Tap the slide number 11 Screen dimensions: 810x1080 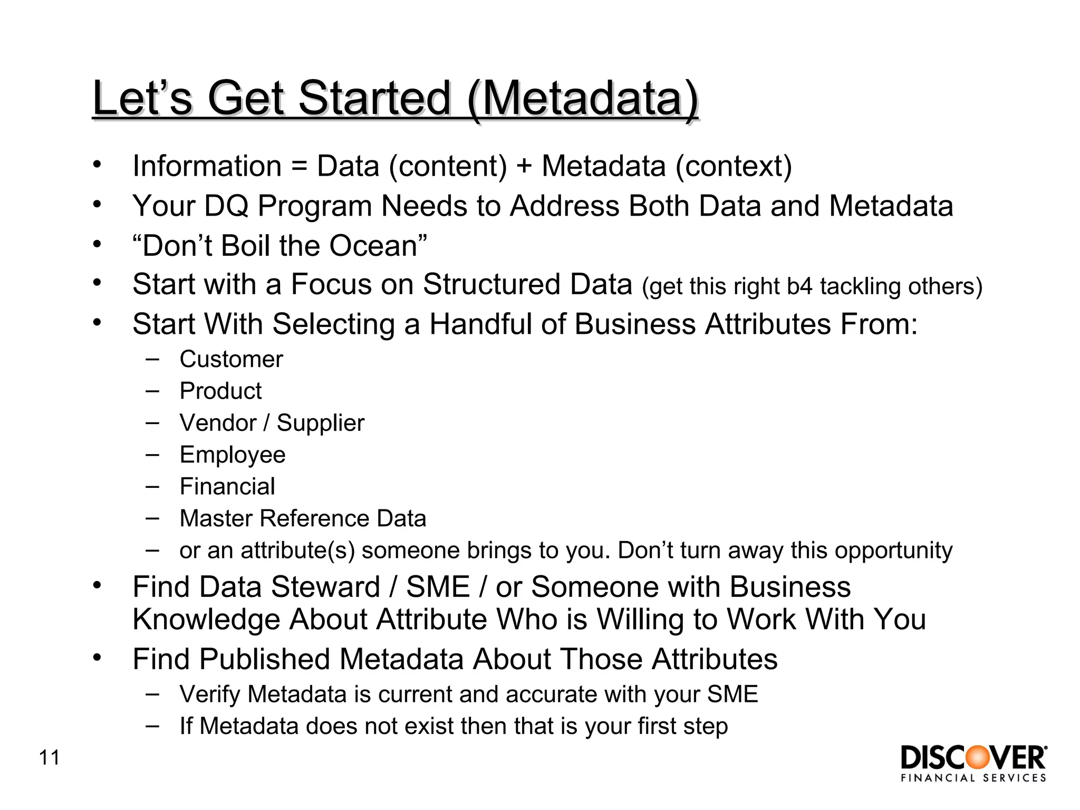point(50,758)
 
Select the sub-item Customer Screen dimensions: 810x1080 point(231,360)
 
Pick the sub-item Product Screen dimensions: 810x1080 point(220,391)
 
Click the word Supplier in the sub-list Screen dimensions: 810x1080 point(320,423)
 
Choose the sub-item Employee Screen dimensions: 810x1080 point(232,455)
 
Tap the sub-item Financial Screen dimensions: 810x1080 point(227,487)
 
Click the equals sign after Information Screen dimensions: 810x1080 point(299,167)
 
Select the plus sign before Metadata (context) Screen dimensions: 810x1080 point(524,167)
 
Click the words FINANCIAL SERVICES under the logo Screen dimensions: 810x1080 point(973,778)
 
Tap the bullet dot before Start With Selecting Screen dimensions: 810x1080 point(97,322)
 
